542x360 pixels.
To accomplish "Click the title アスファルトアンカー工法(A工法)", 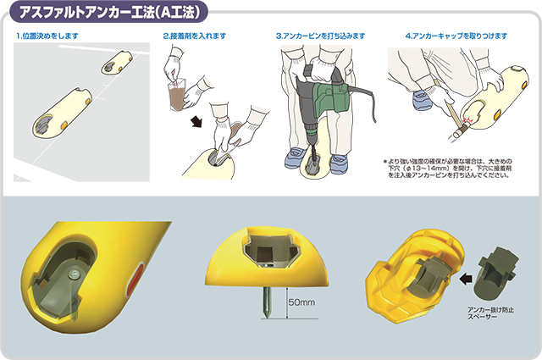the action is (110, 13).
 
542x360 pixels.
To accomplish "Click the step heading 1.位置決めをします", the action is (47, 36).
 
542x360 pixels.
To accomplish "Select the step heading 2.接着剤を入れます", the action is (195, 36).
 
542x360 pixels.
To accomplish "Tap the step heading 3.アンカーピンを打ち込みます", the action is (320, 36).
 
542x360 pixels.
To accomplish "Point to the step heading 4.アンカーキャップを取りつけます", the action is (456, 36).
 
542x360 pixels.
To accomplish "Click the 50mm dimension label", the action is (301, 302).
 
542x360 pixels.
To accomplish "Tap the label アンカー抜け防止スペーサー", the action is (490, 313).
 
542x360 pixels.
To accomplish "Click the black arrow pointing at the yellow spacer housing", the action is (466, 278).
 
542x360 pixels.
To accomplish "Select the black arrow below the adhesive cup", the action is (196, 122).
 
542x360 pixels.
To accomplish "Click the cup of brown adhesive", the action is (177, 95).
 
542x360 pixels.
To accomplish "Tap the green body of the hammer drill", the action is (331, 96).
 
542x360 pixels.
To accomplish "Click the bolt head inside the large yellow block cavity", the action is (74, 274).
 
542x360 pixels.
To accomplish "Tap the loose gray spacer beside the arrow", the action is (495, 273).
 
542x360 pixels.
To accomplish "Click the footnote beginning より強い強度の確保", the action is (449, 168).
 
